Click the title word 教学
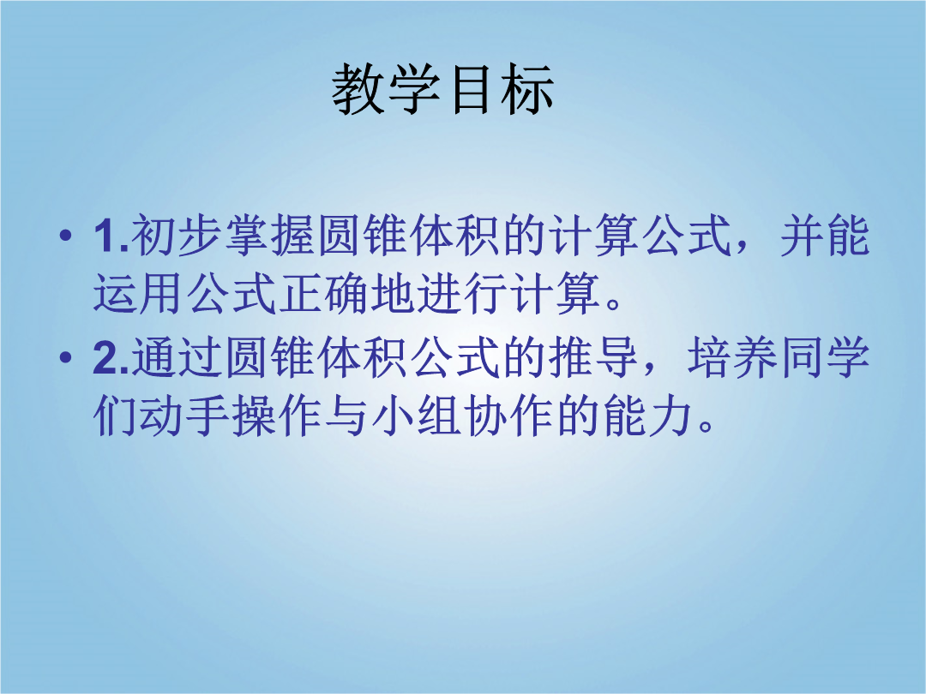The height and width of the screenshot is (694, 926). pos(386,89)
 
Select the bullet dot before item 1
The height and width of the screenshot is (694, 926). pos(66,236)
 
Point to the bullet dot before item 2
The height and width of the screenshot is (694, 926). pos(66,356)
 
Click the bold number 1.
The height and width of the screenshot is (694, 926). pos(107,236)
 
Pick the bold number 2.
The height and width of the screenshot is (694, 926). pos(107,357)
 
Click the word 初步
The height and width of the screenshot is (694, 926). pos(176,236)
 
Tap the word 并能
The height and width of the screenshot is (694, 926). pos(825,236)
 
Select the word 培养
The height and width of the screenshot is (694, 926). pos(732,356)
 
